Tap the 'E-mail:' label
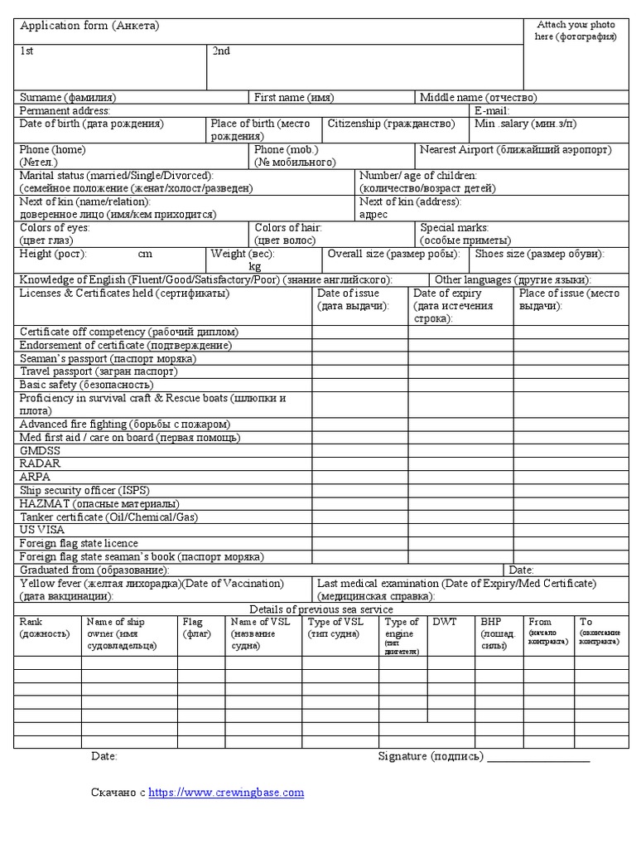pyautogui.click(x=492, y=110)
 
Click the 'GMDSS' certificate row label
pyautogui.click(x=41, y=451)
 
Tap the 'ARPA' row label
pyautogui.click(x=36, y=478)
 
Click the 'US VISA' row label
pyautogui.click(x=42, y=530)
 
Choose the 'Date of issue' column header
pyautogui.click(x=349, y=294)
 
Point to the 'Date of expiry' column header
pyautogui.click(x=447, y=294)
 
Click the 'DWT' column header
pyautogui.click(x=445, y=622)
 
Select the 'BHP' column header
pyautogui.click(x=491, y=622)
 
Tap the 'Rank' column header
pyautogui.click(x=31, y=622)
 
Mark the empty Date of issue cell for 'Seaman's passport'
pyautogui.click(x=359, y=359)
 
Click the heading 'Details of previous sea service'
pyautogui.click(x=321, y=609)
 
